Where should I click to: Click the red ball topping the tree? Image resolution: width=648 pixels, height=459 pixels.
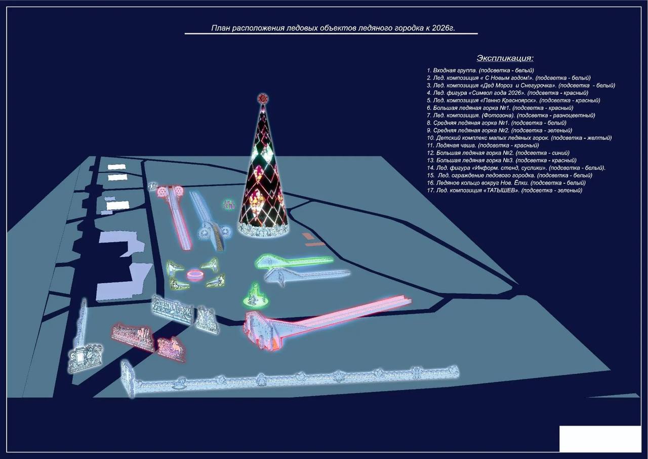(263, 99)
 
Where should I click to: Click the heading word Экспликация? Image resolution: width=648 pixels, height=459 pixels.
(505, 58)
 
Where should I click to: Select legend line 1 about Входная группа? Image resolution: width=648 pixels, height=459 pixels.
(480, 70)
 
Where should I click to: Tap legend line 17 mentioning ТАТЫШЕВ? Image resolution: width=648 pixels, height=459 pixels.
(504, 190)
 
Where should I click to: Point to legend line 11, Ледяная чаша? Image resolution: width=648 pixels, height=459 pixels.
(483, 145)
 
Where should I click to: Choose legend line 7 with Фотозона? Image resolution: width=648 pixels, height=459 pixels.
(511, 116)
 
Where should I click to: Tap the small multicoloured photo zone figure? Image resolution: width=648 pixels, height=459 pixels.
(228, 205)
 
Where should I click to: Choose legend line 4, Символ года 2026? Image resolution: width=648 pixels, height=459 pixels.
(507, 93)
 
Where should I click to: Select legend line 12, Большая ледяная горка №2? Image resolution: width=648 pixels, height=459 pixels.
(498, 153)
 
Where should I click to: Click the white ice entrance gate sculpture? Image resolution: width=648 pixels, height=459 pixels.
(86, 358)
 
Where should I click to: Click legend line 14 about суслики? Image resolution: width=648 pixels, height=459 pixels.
(516, 168)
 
